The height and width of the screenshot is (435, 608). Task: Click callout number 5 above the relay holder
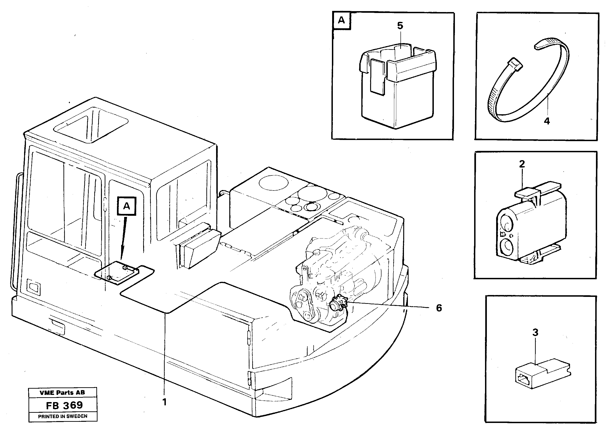pos(400,26)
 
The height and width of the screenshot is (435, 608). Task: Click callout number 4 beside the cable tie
pos(547,121)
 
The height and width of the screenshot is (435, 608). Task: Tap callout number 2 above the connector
pos(522,164)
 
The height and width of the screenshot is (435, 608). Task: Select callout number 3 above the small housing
pos(535,332)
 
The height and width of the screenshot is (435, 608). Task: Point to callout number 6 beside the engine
pos(439,308)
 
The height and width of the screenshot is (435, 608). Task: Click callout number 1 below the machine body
pos(164,402)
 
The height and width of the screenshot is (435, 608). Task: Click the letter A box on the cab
pos(126,206)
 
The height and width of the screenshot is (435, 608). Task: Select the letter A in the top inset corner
pos(341,20)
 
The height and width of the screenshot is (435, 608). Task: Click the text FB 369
pos(64,405)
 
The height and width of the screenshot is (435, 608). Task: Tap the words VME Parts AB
pos(62,393)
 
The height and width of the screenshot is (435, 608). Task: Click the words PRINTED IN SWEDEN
pos(63,416)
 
